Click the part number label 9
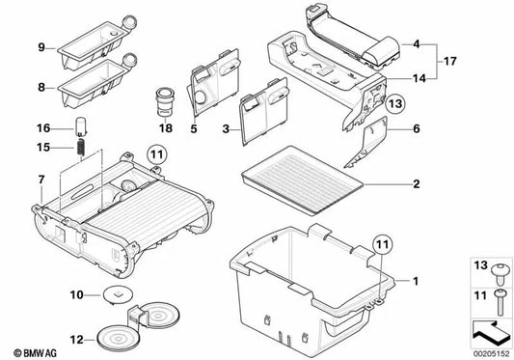[41, 47]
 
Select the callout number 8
[41, 87]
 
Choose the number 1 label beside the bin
[418, 281]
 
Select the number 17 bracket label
[448, 61]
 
